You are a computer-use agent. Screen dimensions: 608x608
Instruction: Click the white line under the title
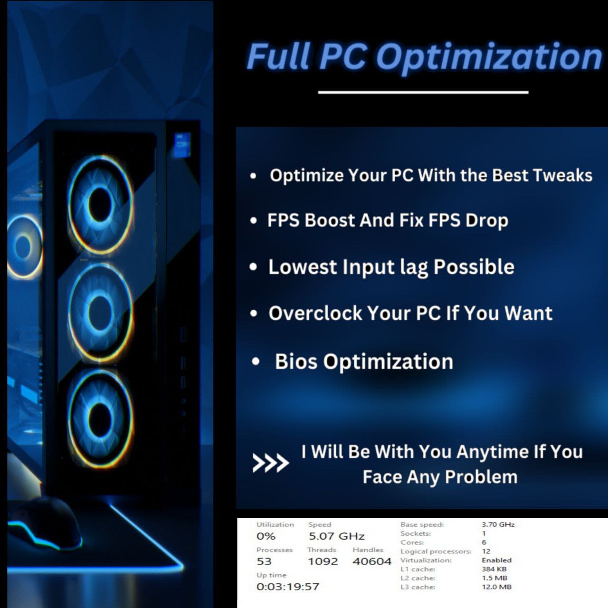tap(423, 92)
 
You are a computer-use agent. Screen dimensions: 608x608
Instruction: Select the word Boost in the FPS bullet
tap(329, 220)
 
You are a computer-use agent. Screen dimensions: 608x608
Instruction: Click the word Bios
tap(296, 361)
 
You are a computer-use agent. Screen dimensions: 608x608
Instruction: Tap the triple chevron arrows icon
tap(270, 463)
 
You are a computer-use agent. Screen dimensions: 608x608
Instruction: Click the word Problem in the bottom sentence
tap(481, 477)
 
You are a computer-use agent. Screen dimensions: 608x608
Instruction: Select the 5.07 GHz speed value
tap(336, 537)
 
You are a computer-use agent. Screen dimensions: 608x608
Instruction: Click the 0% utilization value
tap(266, 537)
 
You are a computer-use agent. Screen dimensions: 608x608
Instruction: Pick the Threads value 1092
tap(323, 561)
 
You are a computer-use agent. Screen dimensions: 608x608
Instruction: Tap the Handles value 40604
tap(372, 561)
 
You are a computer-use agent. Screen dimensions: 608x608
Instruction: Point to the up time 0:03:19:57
tap(288, 587)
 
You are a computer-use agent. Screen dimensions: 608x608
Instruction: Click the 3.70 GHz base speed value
tap(498, 524)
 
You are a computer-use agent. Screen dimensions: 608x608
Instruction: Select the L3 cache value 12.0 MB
tap(496, 587)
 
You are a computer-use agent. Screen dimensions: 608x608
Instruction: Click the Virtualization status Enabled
tap(496, 560)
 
